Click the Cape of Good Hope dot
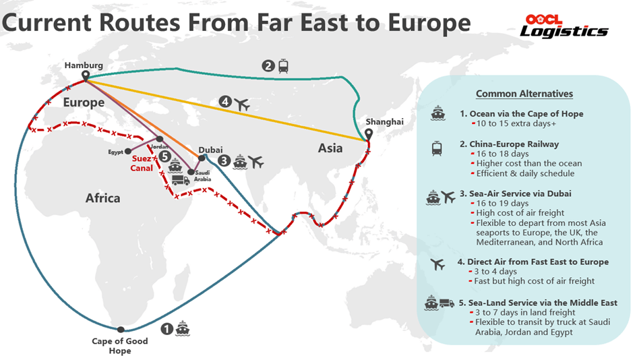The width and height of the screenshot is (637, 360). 120,329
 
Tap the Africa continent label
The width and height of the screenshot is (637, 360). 102,198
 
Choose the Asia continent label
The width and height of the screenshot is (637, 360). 330,148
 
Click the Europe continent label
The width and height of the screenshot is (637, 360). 84,102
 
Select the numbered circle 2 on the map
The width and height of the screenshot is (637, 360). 268,66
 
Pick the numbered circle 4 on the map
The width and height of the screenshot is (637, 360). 225,103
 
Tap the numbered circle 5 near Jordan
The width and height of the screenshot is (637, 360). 162,155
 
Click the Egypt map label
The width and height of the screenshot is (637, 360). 116,152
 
